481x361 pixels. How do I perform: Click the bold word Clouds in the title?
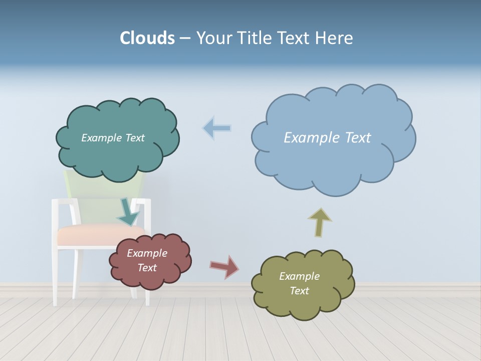(147, 38)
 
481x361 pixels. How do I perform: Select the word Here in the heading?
(335, 38)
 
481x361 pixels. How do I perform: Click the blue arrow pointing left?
(216, 128)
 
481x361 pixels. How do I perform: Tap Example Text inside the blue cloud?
(327, 137)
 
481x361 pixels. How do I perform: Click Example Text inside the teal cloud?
(113, 138)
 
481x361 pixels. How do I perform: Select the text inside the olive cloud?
(299, 283)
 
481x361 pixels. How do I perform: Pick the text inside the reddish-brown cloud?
(147, 260)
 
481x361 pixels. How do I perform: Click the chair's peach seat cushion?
(85, 235)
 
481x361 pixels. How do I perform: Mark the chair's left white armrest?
(63, 202)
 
